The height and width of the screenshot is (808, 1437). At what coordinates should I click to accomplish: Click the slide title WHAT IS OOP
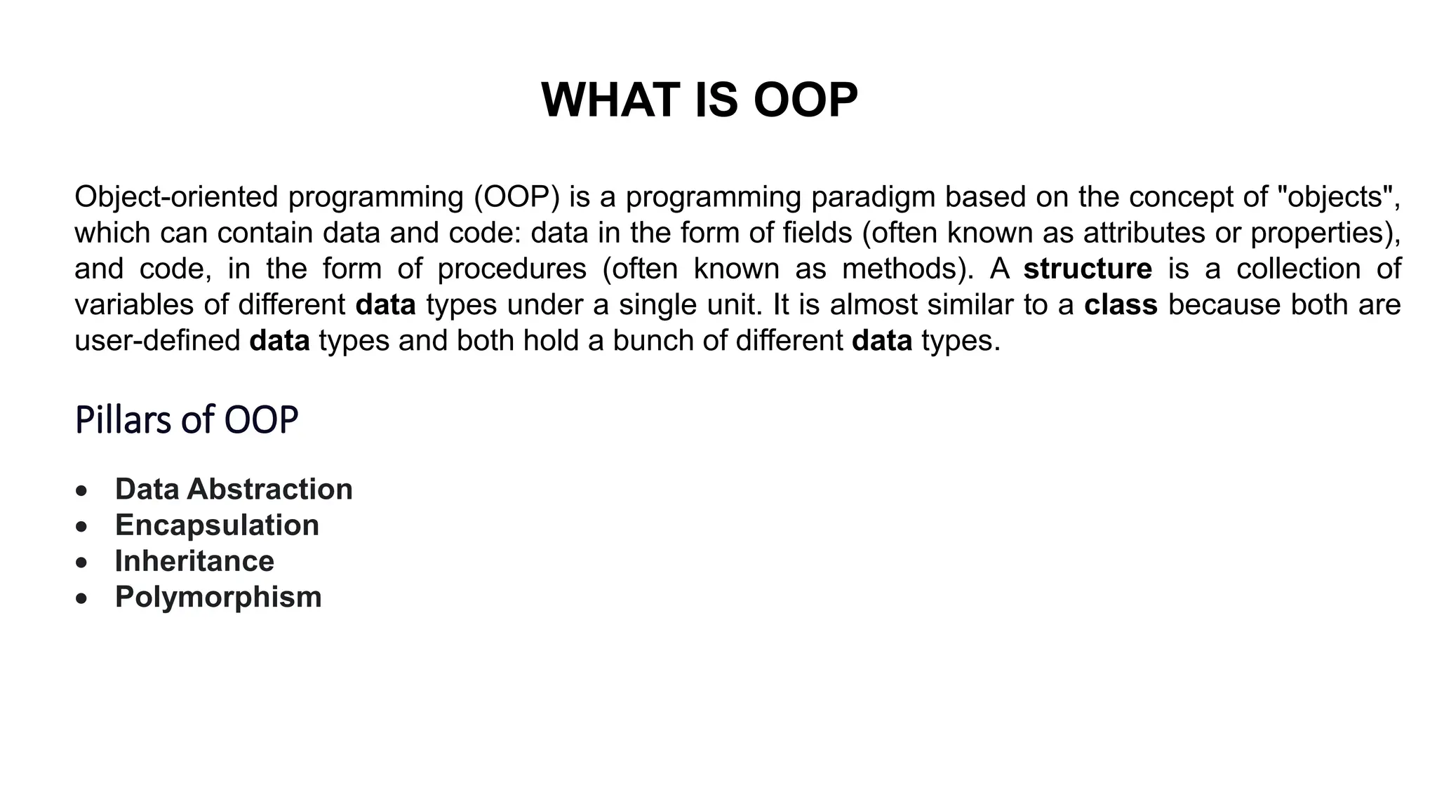pos(700,100)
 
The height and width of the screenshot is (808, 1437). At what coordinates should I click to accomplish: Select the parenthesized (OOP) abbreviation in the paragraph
pos(516,197)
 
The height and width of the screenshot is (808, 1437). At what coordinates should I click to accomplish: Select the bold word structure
pos(1088,269)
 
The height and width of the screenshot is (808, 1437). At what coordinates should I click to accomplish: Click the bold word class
pos(1121,305)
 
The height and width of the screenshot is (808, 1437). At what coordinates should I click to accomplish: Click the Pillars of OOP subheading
pos(187,420)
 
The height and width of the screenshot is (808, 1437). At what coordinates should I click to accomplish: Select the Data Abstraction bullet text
pos(234,489)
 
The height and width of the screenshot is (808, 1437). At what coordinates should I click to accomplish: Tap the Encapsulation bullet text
pos(217,525)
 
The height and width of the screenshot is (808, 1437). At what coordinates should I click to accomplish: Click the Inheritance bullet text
pos(194,561)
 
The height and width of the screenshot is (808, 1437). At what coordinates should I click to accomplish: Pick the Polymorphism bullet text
pos(218,597)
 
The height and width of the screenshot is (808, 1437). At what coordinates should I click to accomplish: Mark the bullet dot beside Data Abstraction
pos(83,490)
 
